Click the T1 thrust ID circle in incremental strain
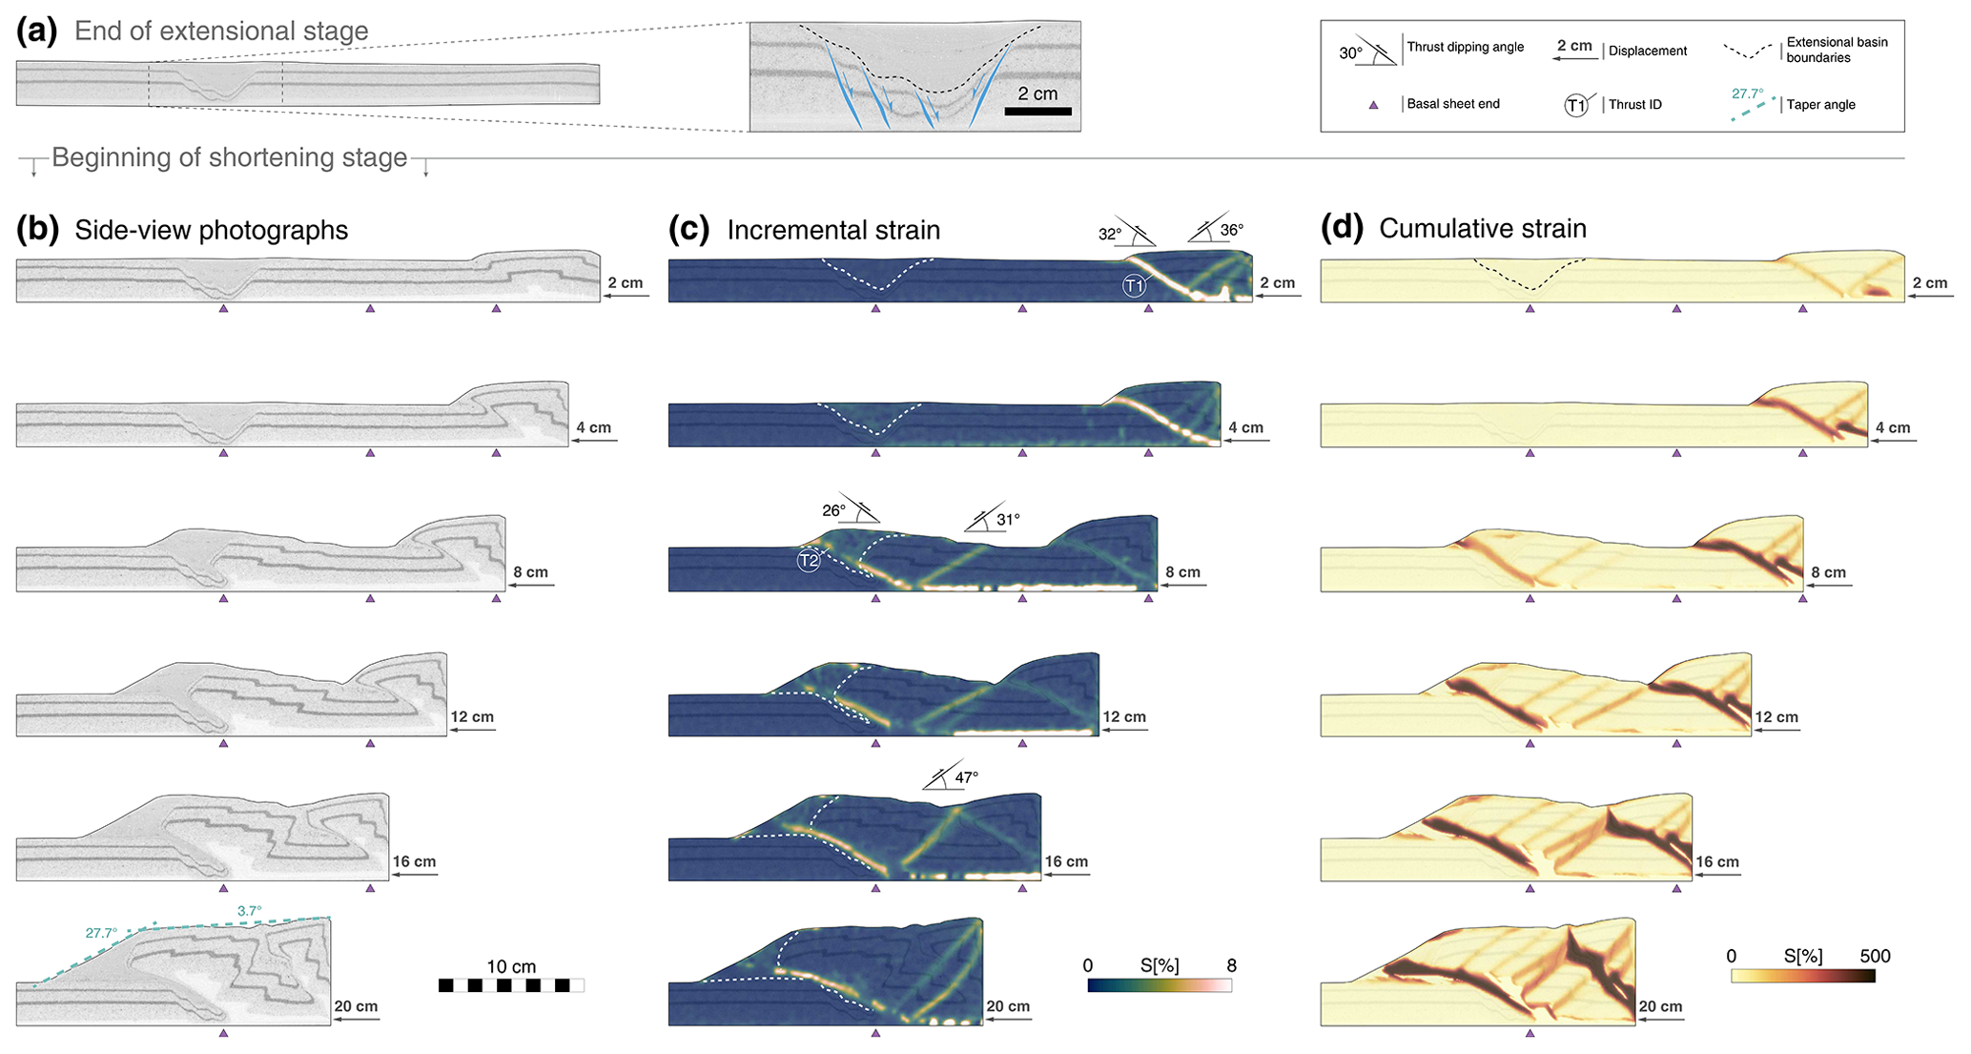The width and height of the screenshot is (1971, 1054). click(1133, 285)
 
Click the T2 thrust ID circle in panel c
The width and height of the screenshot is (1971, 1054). click(809, 561)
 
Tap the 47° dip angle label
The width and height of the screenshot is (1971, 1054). click(966, 777)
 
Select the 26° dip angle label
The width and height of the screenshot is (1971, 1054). click(833, 510)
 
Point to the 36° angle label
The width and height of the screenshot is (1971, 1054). click(1232, 230)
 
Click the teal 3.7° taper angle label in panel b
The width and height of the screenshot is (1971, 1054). click(249, 911)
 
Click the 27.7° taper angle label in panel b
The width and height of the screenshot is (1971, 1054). click(101, 933)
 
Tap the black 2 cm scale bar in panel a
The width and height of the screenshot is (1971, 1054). click(1037, 112)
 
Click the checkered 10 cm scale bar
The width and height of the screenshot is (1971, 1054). click(511, 985)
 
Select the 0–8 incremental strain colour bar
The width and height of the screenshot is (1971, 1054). click(1160, 985)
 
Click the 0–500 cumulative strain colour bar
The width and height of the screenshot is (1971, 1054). click(1802, 976)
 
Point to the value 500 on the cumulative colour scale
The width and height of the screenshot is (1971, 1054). click(1874, 956)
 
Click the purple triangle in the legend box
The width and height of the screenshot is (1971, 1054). click(1373, 105)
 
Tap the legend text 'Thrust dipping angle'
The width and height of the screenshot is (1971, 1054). click(1466, 47)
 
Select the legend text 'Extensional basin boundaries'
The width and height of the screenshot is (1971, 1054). click(1837, 50)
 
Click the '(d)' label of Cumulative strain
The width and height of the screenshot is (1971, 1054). click(1342, 229)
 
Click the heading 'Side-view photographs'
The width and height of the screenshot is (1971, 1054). click(211, 230)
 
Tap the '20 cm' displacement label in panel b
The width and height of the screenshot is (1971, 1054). click(356, 1006)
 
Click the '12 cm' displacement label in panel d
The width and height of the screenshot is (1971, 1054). click(1776, 717)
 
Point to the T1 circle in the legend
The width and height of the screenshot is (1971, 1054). click(1575, 105)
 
